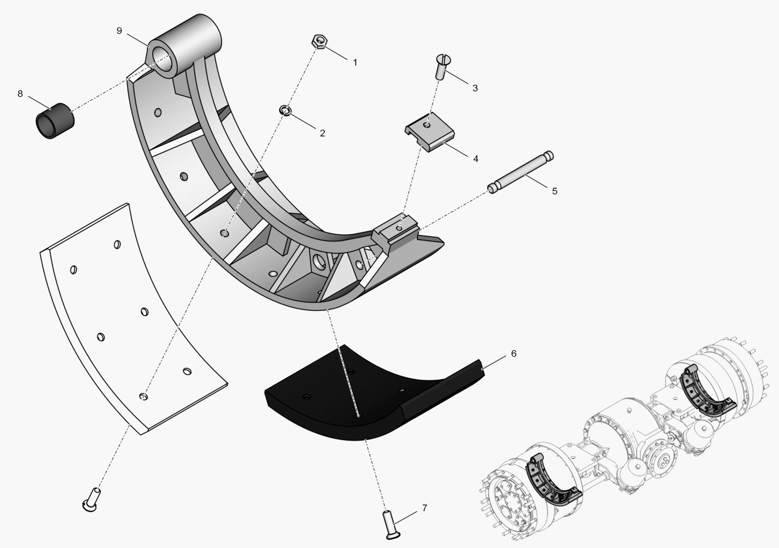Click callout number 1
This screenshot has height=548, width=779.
(x=355, y=62)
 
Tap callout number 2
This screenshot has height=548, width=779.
(x=322, y=133)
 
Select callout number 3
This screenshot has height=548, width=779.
(x=475, y=88)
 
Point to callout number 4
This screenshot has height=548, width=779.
(x=475, y=159)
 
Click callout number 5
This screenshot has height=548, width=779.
(x=554, y=191)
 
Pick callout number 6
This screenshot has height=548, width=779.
(x=514, y=354)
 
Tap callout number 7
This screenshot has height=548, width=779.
(x=425, y=508)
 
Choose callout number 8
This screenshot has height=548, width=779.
(x=20, y=94)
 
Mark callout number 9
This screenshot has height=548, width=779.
(x=119, y=30)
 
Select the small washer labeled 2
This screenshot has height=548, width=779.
(x=286, y=110)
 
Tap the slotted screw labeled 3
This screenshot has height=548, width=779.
(x=441, y=66)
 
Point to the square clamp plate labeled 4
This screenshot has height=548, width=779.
(x=430, y=132)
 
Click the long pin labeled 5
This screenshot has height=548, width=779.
(x=521, y=172)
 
